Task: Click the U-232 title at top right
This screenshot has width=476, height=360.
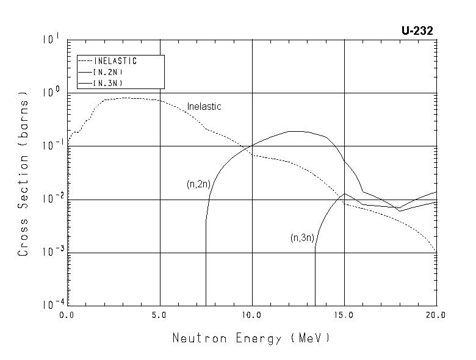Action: point(417,31)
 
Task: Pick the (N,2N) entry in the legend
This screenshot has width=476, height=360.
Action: point(108,71)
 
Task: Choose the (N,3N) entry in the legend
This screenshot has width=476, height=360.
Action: point(108,82)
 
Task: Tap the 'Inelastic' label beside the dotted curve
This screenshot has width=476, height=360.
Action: point(204,106)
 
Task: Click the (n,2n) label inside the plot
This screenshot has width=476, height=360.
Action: point(198,184)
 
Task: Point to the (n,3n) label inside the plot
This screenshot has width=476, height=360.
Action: point(302,238)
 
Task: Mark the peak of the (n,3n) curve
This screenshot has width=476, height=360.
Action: point(345,193)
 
